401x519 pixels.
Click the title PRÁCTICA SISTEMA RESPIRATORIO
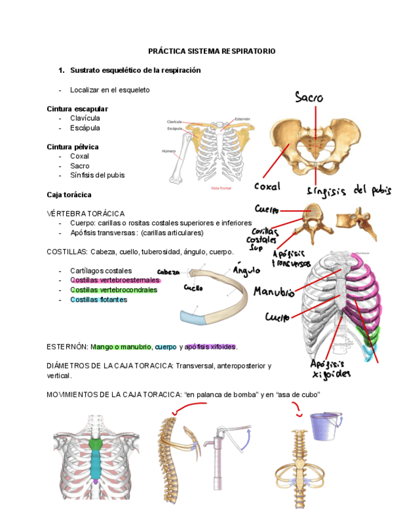tap(212, 51)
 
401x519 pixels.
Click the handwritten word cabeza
tap(169, 272)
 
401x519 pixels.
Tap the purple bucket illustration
tap(324, 425)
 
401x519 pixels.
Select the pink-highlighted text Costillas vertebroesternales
tap(114, 280)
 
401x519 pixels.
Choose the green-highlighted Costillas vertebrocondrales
tap(114, 290)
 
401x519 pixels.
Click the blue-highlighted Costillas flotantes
tap(99, 300)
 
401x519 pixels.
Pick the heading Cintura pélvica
tap(73, 147)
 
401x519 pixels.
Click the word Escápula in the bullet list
tap(85, 128)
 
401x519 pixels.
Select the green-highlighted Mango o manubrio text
tap(121, 347)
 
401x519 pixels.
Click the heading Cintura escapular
tap(77, 109)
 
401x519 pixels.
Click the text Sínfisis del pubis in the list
tap(97, 175)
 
